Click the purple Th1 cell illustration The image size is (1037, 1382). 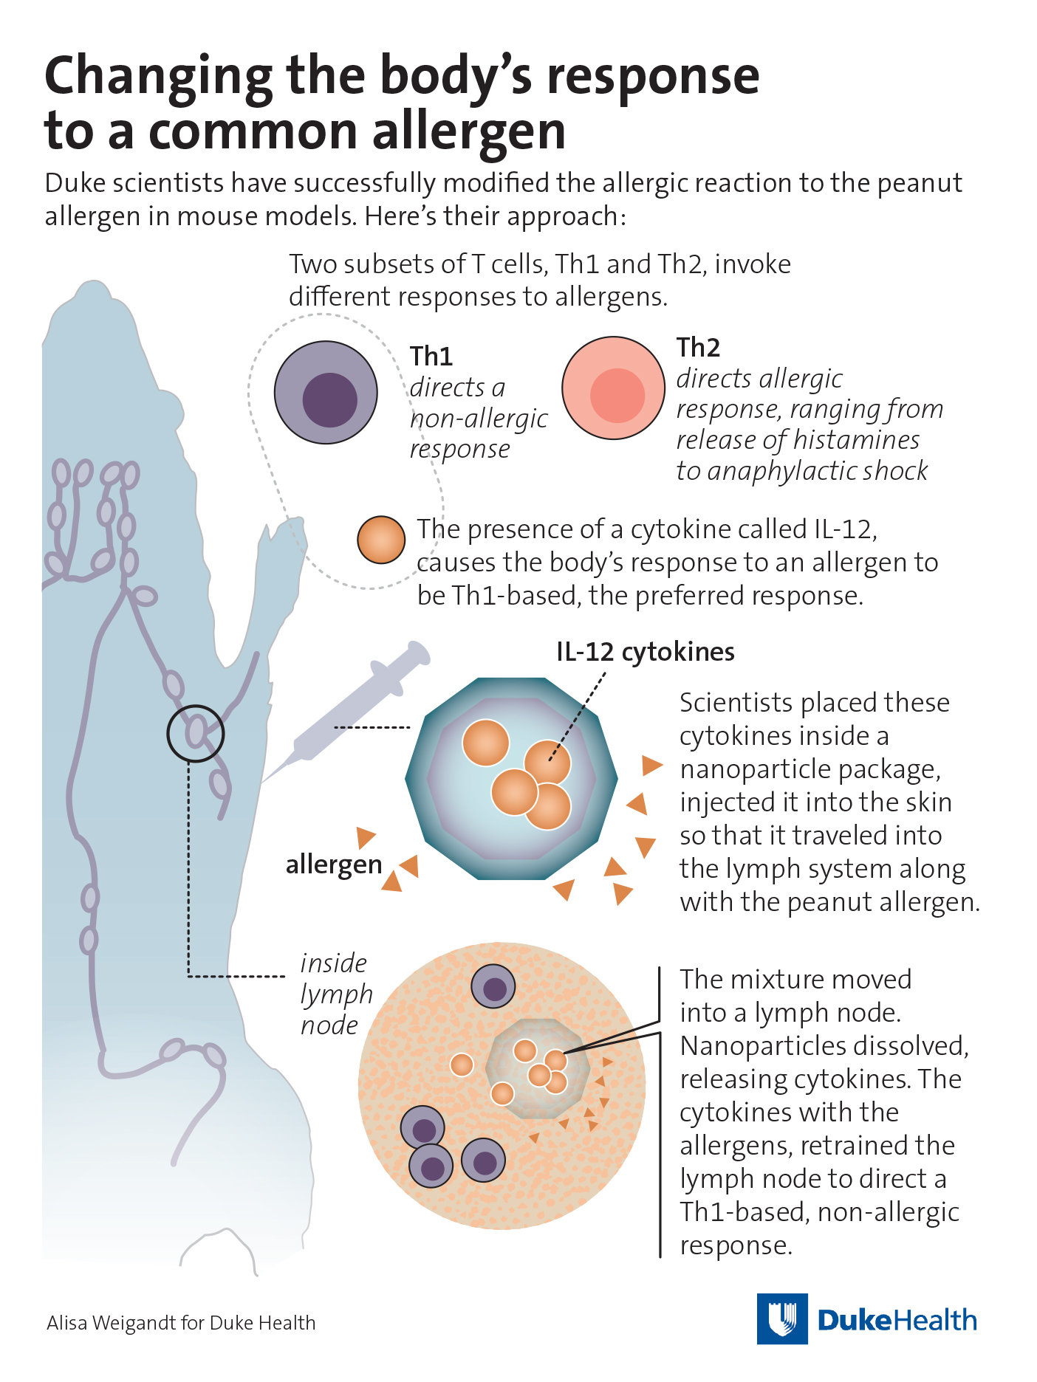326,392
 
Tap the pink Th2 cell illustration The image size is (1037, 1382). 613,388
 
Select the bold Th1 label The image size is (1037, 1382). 431,356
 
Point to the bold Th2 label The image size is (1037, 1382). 697,347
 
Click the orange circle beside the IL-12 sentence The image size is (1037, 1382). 381,540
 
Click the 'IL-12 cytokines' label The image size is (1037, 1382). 645,652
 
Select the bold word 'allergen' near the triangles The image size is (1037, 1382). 334,864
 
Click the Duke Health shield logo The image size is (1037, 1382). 781,1319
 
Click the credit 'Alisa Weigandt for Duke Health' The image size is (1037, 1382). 181,1322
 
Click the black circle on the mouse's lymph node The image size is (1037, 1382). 195,733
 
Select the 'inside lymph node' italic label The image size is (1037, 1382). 335,994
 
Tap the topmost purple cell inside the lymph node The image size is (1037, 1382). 493,986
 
